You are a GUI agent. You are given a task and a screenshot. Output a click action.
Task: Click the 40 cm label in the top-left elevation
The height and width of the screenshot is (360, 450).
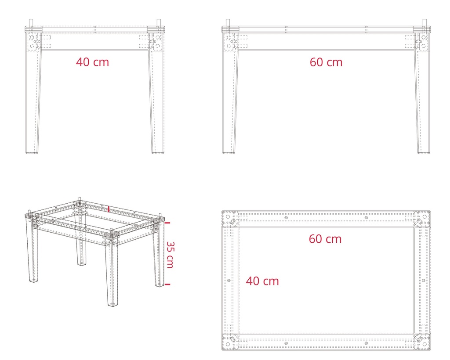click(92, 62)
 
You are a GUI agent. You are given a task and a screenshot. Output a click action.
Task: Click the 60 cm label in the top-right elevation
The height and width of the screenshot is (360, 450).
click(326, 62)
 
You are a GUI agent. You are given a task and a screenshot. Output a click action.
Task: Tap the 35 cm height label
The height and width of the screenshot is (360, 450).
click(170, 255)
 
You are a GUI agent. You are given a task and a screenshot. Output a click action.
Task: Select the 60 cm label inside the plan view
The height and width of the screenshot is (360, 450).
click(325, 239)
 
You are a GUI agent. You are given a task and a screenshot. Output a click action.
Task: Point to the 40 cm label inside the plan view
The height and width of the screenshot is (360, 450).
click(262, 281)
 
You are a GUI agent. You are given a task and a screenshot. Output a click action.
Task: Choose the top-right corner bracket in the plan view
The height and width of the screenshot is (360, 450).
click(422, 218)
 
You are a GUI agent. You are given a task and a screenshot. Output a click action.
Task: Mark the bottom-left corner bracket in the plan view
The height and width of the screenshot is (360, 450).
click(230, 341)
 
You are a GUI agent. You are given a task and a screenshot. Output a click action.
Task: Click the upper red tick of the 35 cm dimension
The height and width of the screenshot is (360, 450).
click(167, 223)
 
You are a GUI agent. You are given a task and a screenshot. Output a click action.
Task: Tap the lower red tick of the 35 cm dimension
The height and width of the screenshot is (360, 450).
click(167, 284)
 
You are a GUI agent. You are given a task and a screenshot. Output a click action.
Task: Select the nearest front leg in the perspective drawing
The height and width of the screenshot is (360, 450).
click(113, 272)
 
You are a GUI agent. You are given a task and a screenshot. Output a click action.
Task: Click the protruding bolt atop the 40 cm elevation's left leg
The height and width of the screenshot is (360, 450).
click(30, 23)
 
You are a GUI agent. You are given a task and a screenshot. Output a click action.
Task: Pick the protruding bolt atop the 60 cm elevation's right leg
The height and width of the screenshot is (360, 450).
click(424, 22)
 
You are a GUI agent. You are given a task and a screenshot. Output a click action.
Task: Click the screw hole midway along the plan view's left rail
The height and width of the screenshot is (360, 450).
click(228, 280)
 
